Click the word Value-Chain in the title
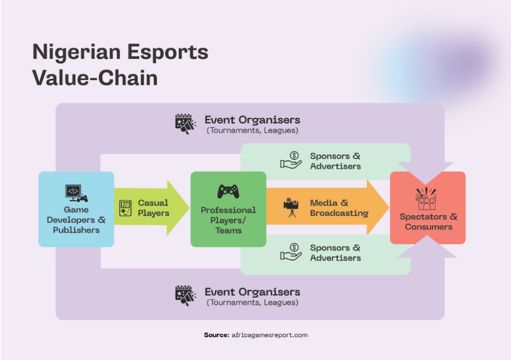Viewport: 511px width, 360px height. (x=95, y=78)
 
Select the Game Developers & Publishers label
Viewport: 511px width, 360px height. (x=76, y=220)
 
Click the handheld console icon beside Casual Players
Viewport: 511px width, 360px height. (x=125, y=208)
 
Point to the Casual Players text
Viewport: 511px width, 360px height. (x=153, y=208)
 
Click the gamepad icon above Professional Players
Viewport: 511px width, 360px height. (x=228, y=191)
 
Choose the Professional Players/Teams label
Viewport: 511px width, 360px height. (x=228, y=220)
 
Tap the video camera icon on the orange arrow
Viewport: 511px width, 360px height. (x=291, y=208)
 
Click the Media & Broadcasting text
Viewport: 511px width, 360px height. (x=339, y=208)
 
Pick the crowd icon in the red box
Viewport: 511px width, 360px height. (x=427, y=198)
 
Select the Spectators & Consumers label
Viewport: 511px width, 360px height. (x=428, y=222)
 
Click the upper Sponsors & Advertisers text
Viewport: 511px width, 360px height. (x=335, y=161)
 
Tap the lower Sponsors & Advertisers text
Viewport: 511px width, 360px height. (x=335, y=253)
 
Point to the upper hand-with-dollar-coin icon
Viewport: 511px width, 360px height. (x=291, y=161)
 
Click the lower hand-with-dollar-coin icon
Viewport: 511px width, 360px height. (x=291, y=252)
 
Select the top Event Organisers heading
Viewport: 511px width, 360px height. (x=252, y=120)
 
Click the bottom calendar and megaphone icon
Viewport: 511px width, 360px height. (x=185, y=295)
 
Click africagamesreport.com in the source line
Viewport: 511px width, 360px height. (x=269, y=335)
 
